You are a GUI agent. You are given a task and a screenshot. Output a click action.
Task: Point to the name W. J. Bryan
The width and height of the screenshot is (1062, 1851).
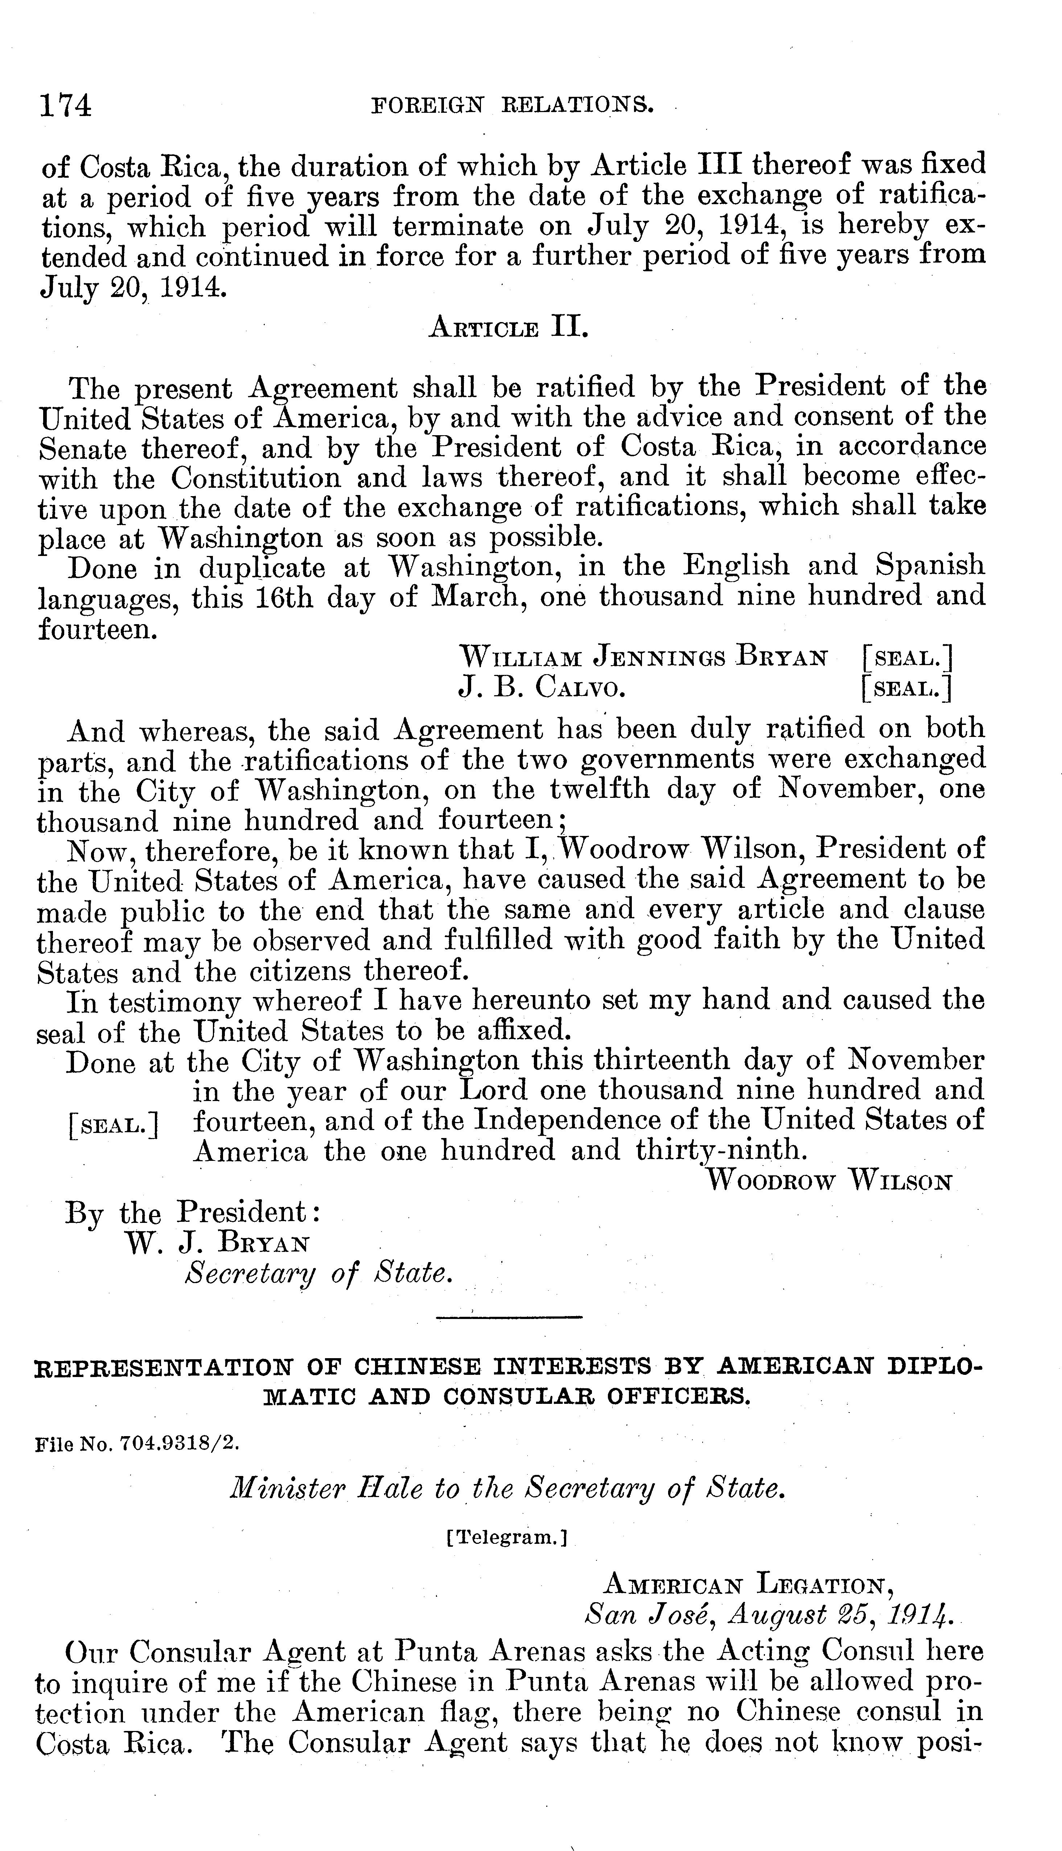coord(217,1244)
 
